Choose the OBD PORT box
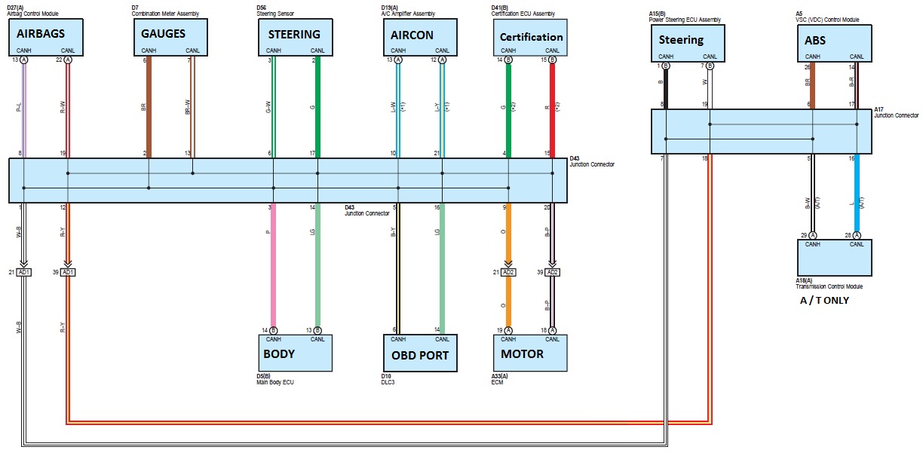[x=419, y=353]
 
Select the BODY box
[x=295, y=353]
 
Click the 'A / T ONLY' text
[x=824, y=300]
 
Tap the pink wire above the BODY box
[x=273, y=264]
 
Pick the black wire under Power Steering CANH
[x=665, y=87]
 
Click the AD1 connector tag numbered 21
[x=24, y=271]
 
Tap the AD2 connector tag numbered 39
[x=552, y=271]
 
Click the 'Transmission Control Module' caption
[x=829, y=286]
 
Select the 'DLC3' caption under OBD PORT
[x=388, y=382]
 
